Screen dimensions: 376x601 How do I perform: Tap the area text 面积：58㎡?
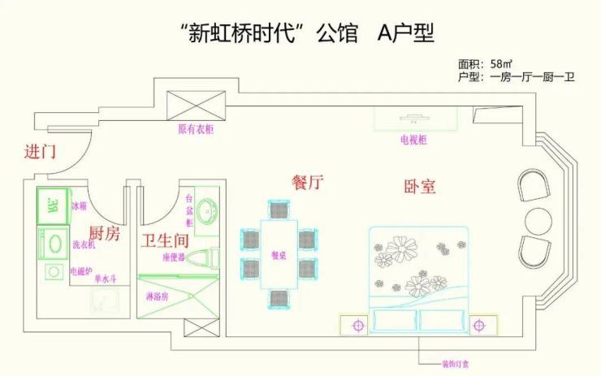(x=485, y=63)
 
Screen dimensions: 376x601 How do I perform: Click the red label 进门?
(x=40, y=151)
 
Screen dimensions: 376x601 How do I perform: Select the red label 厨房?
(x=104, y=235)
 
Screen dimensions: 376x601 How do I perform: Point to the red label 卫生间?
(x=165, y=240)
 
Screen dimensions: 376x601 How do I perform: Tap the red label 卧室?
(x=420, y=186)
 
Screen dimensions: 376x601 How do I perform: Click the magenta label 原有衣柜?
(x=196, y=129)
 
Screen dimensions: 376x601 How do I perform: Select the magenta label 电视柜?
(x=414, y=140)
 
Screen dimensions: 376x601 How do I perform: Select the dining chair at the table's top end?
(x=279, y=210)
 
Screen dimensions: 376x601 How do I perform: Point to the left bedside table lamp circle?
(x=357, y=326)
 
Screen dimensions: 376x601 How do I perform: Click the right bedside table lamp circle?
(x=486, y=326)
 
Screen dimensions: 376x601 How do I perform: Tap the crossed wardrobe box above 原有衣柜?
(x=196, y=106)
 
